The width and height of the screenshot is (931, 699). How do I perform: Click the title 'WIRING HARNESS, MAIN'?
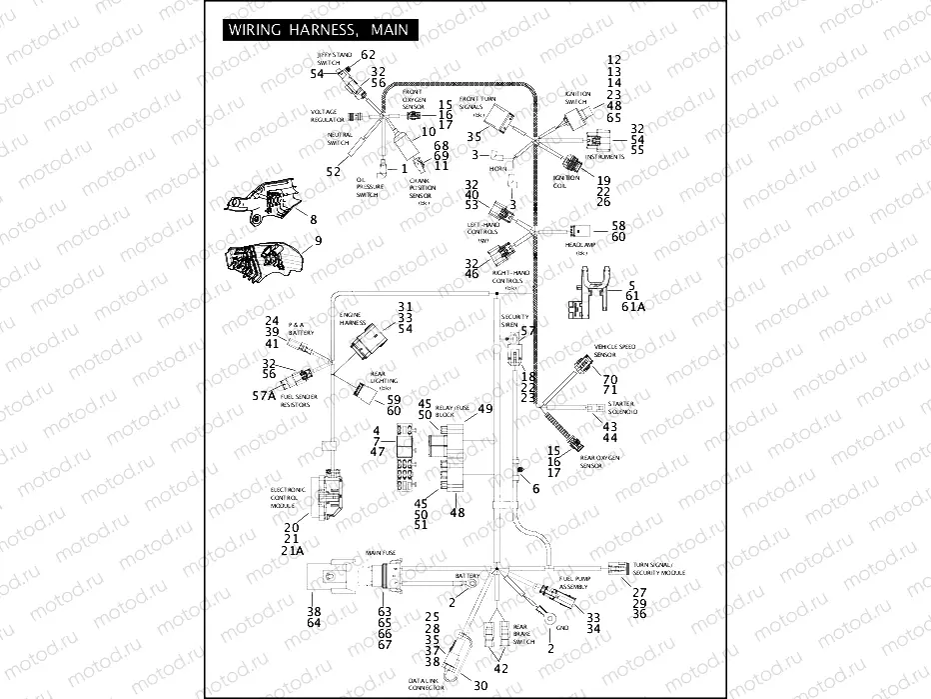(317, 30)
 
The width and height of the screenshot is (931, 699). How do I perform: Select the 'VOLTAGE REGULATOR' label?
(328, 115)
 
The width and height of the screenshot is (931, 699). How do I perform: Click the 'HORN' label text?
(497, 169)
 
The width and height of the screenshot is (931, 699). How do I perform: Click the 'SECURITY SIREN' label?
(513, 320)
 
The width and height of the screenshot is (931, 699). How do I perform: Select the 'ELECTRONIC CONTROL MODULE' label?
(289, 495)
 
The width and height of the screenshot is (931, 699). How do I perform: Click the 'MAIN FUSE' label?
(381, 553)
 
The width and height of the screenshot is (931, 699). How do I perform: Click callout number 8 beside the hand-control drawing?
(313, 219)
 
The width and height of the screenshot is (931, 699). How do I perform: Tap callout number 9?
(319, 241)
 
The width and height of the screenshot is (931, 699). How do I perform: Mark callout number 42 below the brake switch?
(500, 669)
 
